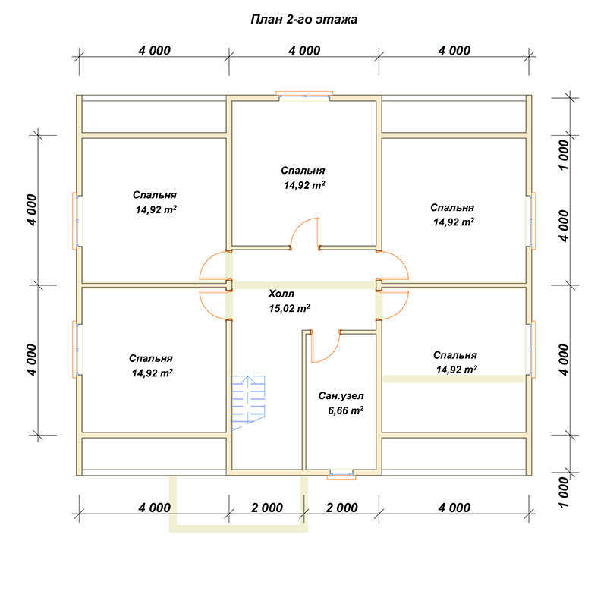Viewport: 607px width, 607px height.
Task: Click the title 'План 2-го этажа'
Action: pos(304,20)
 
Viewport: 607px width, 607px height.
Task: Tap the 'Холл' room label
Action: pos(281,294)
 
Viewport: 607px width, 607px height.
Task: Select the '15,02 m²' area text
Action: pos(289,308)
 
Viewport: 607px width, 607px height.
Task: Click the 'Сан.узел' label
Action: pos(341,395)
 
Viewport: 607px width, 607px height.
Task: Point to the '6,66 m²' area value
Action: pos(346,410)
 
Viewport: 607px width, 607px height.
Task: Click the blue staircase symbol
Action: pos(248,403)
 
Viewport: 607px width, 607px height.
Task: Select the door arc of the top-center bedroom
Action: pos(305,233)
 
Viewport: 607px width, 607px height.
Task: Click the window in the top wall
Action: pos(304,94)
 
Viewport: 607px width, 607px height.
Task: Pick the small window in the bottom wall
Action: pos(341,474)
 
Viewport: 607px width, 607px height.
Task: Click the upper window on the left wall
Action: pos(77,221)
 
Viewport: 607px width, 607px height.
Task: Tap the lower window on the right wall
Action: pos(530,349)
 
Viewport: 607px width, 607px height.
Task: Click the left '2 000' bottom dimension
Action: pos(267,508)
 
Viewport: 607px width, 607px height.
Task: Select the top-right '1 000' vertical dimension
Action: pos(565,155)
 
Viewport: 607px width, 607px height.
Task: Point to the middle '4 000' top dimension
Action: pos(304,50)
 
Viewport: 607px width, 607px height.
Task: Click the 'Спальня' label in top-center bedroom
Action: pos(303,170)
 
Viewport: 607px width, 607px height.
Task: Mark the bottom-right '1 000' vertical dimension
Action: pos(565,492)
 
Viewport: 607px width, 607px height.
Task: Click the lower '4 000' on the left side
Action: pos(32,360)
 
